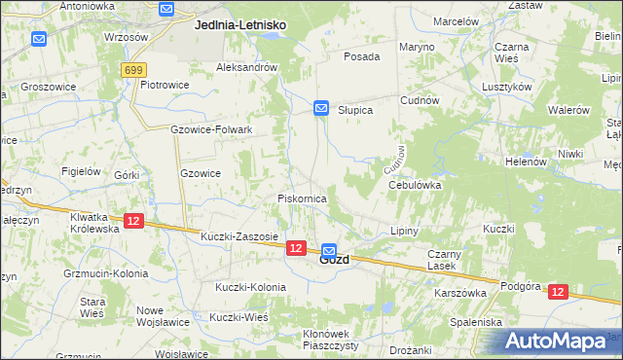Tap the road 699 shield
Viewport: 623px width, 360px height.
coord(134,70)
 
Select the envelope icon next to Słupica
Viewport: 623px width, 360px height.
coord(321,108)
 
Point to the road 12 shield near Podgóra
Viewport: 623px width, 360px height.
coord(557,291)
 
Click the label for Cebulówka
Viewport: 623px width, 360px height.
coord(415,184)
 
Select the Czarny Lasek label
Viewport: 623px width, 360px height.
coord(441,260)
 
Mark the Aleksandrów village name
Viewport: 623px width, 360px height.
coord(247,67)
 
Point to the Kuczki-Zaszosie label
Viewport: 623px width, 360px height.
coord(239,236)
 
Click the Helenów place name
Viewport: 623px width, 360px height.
coord(526,162)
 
